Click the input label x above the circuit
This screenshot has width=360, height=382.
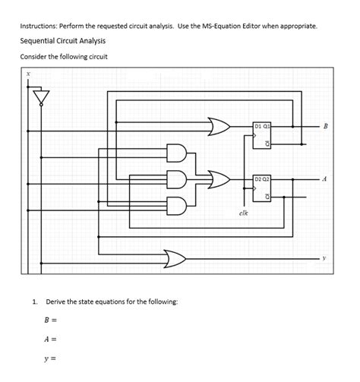click(28, 74)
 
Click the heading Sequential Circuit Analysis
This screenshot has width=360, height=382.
click(62, 41)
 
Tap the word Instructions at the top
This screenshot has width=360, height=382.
click(39, 25)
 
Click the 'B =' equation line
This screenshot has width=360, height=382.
click(51, 320)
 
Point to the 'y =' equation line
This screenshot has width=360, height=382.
click(51, 358)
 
